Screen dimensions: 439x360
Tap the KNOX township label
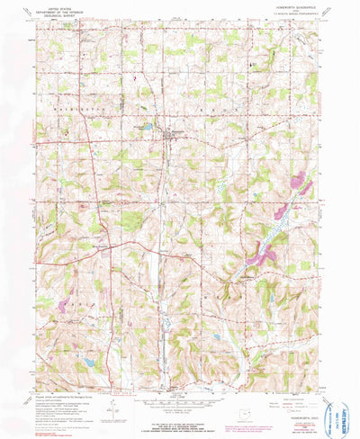(216, 104)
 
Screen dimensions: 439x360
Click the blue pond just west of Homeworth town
(147, 128)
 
